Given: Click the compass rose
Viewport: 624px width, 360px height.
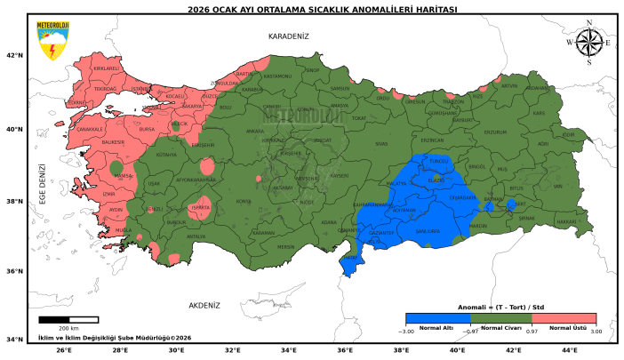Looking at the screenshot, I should coord(588,42).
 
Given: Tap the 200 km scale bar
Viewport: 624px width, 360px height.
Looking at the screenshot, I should coord(68,319).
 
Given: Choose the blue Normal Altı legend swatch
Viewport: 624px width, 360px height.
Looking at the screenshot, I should coord(436,318).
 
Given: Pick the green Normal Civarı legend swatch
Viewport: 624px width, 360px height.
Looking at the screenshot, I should coord(500,318).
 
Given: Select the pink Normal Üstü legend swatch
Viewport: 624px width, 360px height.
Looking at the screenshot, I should coord(564,318).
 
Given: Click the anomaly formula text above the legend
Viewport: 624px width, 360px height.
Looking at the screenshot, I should coord(500,307).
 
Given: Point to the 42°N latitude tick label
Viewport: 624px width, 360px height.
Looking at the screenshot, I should coord(14,55).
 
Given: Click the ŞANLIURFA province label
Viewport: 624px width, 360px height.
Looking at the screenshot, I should coord(428,228).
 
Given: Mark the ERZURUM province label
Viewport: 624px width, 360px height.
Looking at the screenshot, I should coord(494,132).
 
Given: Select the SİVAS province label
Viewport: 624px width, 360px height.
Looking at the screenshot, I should coord(381,143).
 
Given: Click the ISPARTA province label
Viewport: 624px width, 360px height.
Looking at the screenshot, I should coord(202,207).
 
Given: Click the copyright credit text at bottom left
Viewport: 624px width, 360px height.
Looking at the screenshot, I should coord(115,338).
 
